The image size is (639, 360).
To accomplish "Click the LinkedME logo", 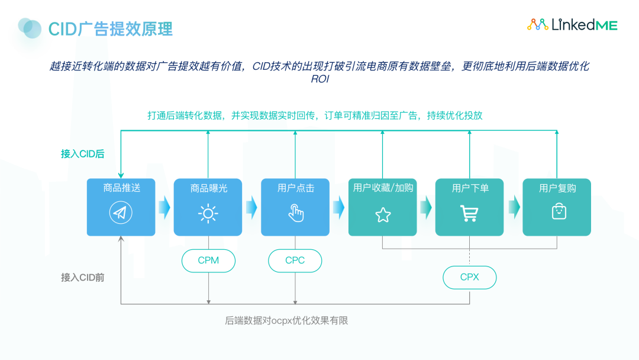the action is [572, 25].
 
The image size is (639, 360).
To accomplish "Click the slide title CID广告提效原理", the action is [110, 28].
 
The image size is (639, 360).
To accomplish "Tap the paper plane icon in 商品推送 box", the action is [121, 213].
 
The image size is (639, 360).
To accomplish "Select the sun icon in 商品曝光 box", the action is [208, 213].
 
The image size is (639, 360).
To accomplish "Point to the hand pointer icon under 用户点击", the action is [295, 213].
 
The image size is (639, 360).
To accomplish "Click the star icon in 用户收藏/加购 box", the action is [383, 214].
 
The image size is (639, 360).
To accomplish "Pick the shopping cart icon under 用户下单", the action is [469, 213].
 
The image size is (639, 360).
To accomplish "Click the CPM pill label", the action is [208, 261].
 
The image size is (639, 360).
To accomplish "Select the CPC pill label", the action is [295, 261].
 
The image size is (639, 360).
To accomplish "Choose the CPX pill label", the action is [470, 277].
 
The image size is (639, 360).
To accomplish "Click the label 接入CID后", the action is [83, 154].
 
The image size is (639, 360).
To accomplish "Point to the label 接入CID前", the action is [83, 277].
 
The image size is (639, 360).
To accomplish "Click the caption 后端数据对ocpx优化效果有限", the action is [286, 321].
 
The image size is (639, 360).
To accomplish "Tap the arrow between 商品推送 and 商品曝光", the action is [164, 207].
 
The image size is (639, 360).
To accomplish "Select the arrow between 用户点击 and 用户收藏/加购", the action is [338, 207].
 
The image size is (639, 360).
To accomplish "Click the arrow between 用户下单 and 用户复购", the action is [514, 207].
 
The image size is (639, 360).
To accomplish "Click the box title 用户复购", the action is [557, 188].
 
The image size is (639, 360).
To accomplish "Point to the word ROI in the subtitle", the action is [319, 79].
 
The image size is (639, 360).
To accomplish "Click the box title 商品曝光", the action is [208, 188].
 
